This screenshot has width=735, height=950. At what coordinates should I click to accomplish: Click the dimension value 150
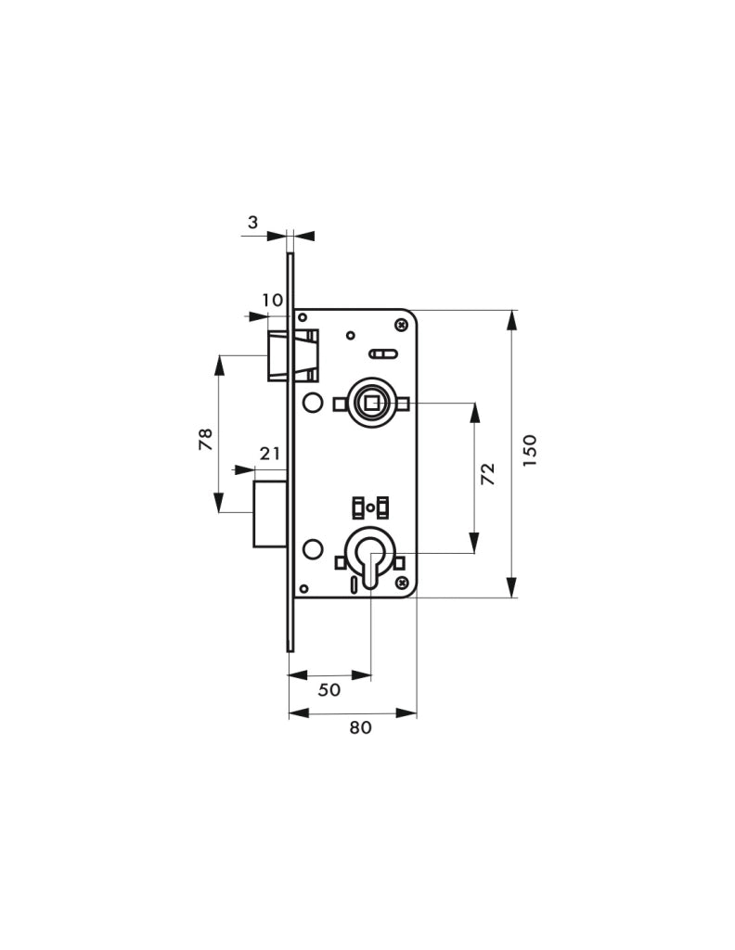(x=530, y=450)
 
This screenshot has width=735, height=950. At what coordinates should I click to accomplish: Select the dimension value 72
(x=488, y=473)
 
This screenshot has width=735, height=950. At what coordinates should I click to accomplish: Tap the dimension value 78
(x=206, y=439)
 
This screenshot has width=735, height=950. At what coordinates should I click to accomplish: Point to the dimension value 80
(x=360, y=727)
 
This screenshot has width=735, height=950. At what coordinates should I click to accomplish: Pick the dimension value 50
(x=329, y=689)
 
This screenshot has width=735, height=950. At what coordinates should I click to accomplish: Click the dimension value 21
(x=270, y=453)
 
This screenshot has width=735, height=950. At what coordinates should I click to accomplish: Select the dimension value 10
(x=273, y=300)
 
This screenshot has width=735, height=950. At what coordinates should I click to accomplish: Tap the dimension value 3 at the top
(x=252, y=223)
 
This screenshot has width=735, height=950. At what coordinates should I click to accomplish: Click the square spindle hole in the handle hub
(x=370, y=402)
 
